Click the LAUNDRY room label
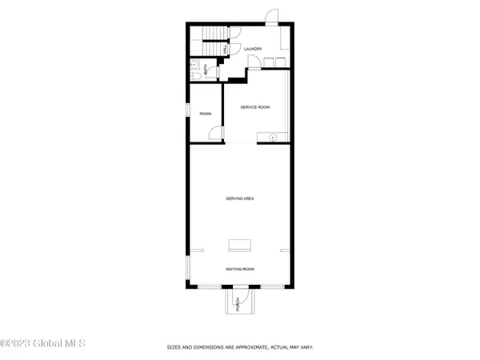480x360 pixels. pos(254,49)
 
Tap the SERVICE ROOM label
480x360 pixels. pos(254,106)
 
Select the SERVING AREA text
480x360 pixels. pos(239,198)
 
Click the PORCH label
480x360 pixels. pos(237,303)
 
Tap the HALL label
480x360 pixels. pos(225,49)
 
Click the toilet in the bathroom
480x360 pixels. pos(195,76)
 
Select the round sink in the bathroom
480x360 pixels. pos(194,63)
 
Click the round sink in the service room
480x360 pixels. pos(273,138)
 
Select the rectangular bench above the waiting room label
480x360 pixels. pos(239,245)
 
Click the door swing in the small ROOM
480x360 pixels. pos(214,134)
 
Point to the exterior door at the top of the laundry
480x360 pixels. pos(272,18)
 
